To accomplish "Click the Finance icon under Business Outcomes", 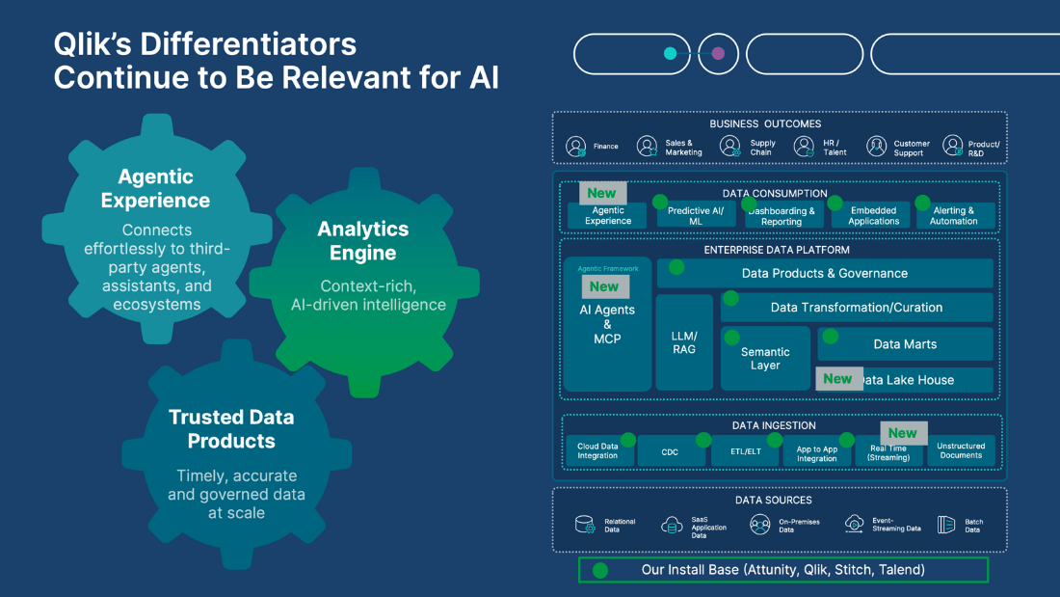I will point(576,147).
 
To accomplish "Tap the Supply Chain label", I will point(762,148).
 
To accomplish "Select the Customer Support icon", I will point(876,147).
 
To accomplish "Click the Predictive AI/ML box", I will point(696,215).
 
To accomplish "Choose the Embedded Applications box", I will point(873,215).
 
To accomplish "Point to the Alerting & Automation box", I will point(954,215).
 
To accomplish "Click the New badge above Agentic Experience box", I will point(601,193).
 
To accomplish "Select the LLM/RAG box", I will point(684,342).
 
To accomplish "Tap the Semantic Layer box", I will point(765,359).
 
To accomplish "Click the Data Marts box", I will point(905,344).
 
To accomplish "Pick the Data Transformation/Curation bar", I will point(857,308).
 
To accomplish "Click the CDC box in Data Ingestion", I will point(670,451).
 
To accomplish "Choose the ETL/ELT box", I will point(744,451).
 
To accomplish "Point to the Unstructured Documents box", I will point(961,451).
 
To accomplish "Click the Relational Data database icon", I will point(585,525).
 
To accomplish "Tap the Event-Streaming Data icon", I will point(854,524).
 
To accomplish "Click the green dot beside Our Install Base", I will point(600,570).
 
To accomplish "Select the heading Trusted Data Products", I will point(231,429).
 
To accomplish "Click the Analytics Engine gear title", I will point(363,241).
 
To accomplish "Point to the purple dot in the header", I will point(718,54).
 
